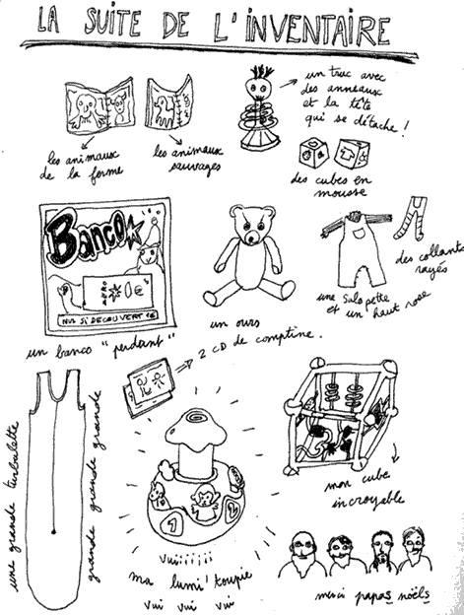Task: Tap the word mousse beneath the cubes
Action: (x=337, y=194)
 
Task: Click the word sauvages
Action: (x=182, y=169)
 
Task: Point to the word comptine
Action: (x=289, y=338)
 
